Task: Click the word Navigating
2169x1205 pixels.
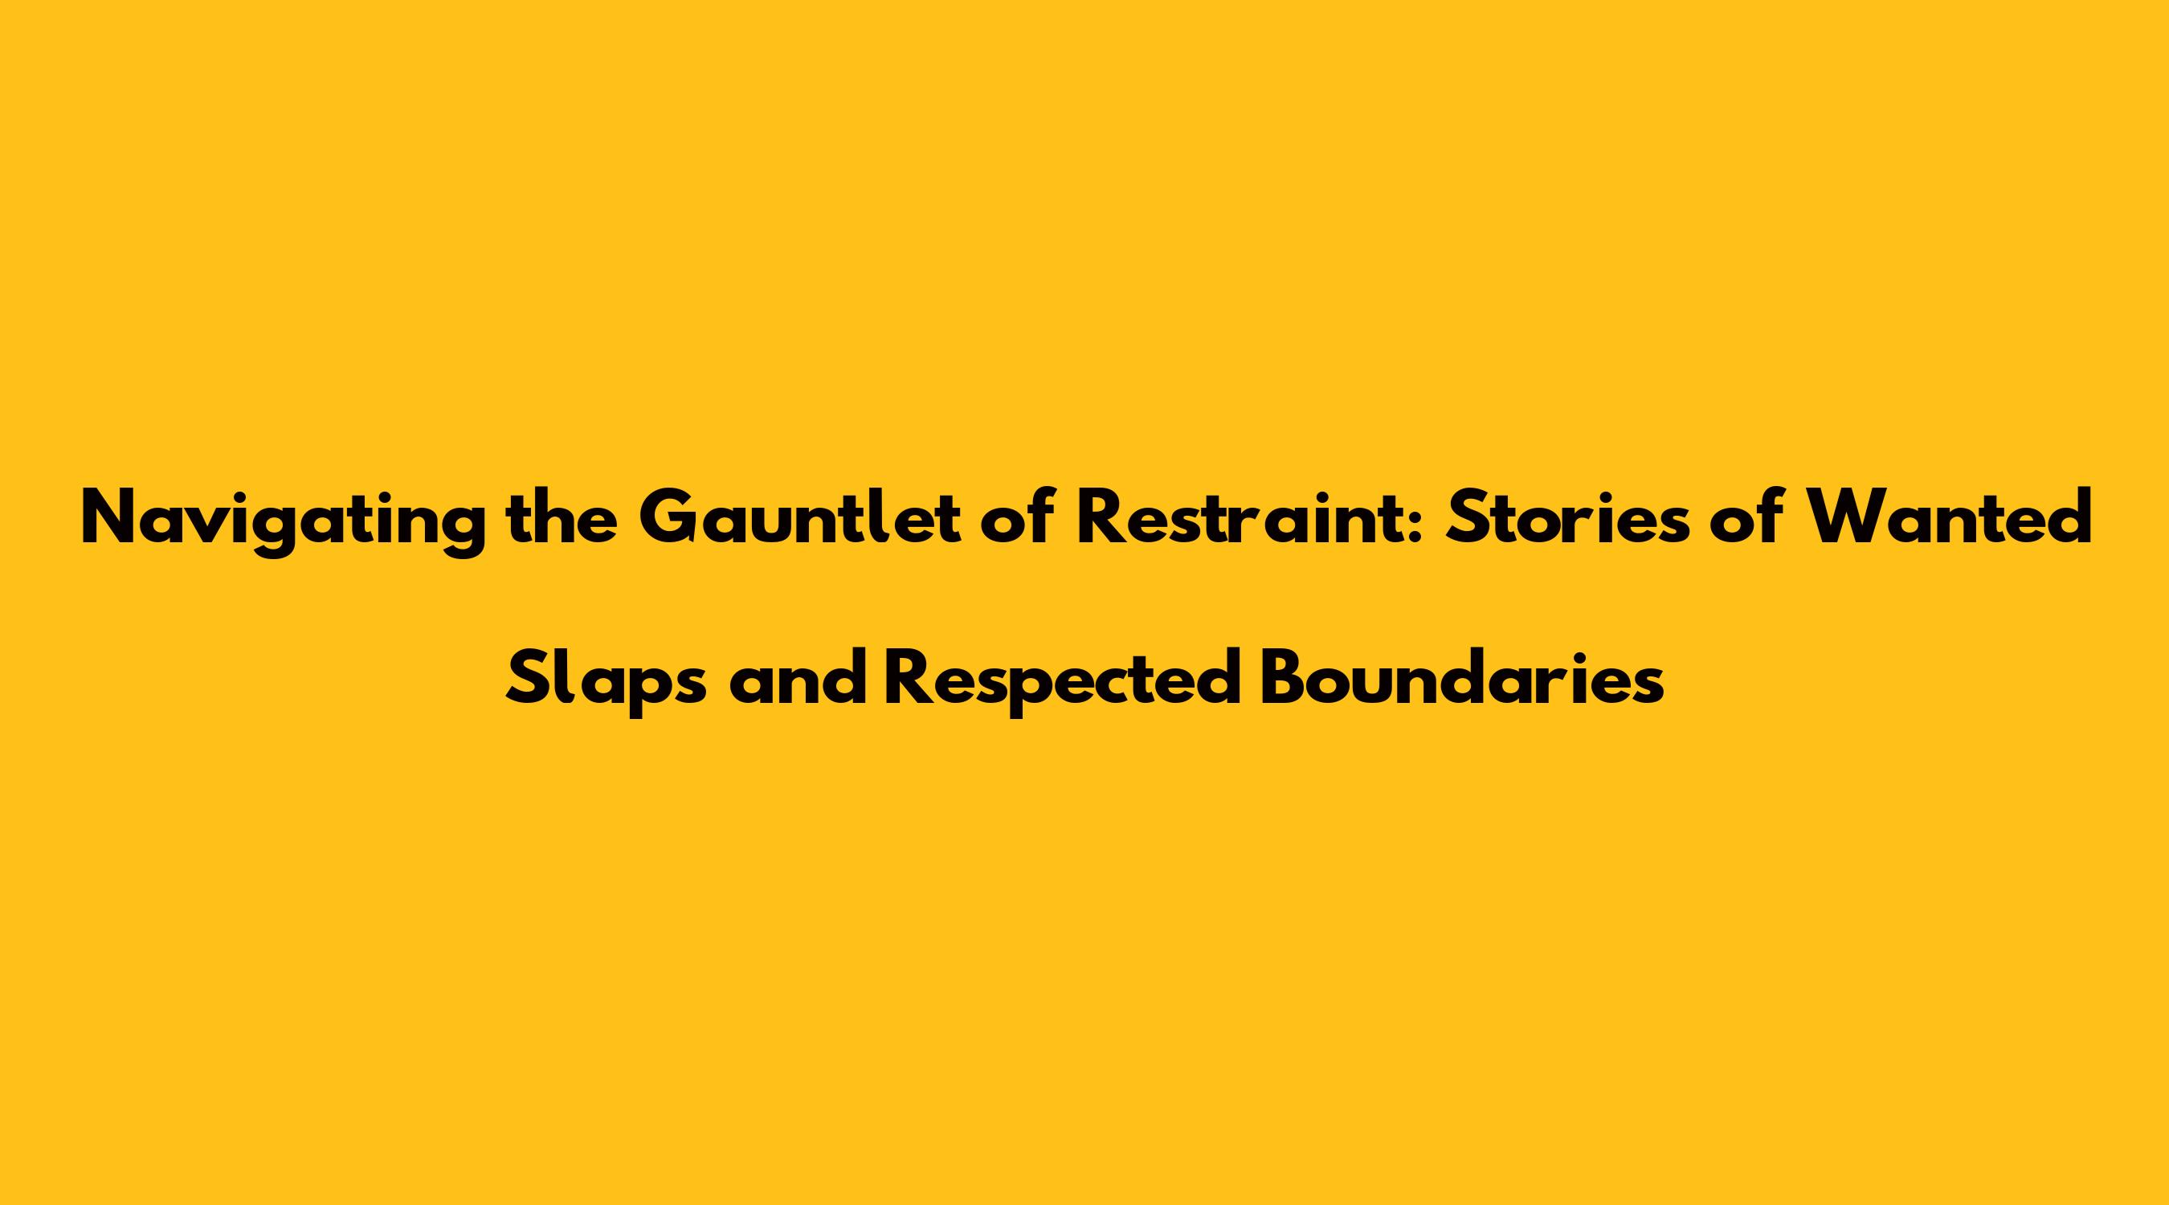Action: click(284, 521)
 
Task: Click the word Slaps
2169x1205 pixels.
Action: click(607, 682)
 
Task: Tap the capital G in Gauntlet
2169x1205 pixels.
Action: click(668, 517)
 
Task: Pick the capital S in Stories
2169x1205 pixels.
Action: click(1467, 517)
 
